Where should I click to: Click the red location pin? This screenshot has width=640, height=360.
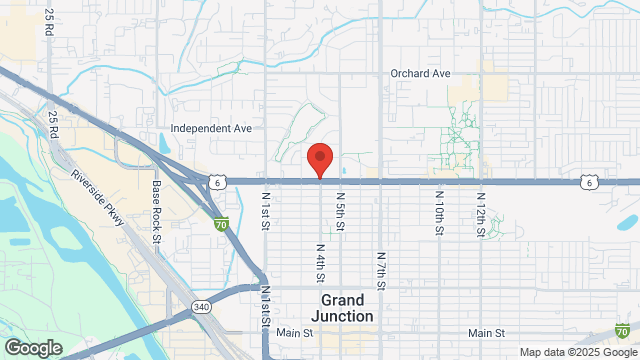319,160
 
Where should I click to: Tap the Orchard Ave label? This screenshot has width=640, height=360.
420,74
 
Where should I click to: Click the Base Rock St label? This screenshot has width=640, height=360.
157,211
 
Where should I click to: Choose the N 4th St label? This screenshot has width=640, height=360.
320,260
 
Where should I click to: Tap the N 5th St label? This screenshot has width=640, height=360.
340,211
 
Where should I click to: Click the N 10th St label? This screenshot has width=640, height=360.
438,214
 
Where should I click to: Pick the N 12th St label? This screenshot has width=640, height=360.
480,214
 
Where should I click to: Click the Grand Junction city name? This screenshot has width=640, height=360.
347,307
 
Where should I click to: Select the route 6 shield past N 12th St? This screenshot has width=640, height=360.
591,182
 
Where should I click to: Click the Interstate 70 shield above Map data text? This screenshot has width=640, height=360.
623,330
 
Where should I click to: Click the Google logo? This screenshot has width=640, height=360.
33,347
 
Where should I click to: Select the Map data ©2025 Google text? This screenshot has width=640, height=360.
577,352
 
